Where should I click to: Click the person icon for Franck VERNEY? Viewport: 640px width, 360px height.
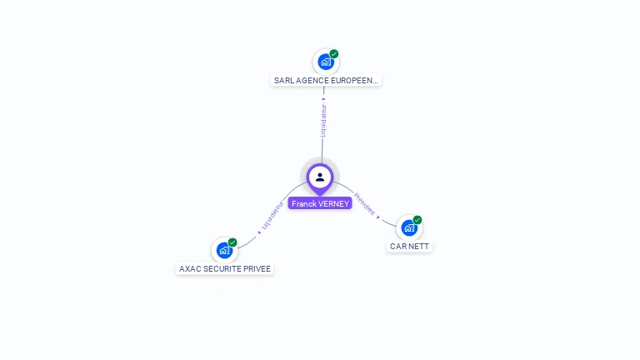point(320,177)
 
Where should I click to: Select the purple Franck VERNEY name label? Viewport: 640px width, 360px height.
point(320,203)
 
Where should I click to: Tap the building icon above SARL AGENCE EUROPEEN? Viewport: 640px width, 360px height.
point(325,62)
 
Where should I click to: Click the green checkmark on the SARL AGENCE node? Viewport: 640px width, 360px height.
point(334,53)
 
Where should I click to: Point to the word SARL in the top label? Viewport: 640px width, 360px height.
point(283,81)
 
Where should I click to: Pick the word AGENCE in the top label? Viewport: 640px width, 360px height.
point(313,81)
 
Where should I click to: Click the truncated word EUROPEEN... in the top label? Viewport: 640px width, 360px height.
point(356,81)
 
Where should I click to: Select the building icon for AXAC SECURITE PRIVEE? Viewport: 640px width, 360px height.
point(223,249)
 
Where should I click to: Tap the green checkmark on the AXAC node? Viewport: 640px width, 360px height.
point(232,242)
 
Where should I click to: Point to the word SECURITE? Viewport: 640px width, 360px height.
point(222,269)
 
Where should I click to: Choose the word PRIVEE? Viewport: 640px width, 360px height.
point(257,269)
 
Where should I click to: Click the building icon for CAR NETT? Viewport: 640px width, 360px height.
point(408,227)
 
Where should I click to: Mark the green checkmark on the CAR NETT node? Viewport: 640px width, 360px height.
point(417,220)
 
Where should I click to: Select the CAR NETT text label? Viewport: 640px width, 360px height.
point(410,247)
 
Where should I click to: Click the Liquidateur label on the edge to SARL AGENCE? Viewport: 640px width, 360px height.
point(323,120)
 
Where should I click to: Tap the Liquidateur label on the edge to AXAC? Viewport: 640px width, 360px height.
point(272,214)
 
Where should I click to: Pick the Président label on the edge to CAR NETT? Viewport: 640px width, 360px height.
point(366,204)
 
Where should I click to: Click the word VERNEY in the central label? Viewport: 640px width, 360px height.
point(333,203)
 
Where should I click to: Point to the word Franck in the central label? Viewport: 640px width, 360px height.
point(303,203)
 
